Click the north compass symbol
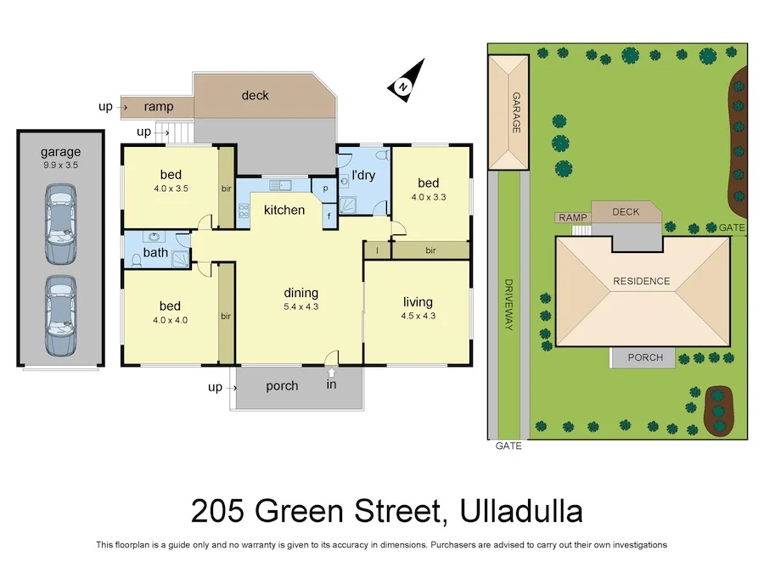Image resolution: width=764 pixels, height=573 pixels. point(405,81)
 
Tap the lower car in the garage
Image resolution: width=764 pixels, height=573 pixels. point(60,315)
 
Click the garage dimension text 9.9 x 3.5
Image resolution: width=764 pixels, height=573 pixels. point(59,166)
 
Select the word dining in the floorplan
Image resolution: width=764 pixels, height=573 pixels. point(301,293)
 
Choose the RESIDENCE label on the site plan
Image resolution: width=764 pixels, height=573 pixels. point(643,281)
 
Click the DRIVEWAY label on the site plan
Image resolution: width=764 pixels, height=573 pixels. point(509,305)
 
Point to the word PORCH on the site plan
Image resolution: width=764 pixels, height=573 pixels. point(645,357)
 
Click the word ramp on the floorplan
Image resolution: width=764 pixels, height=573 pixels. point(158,107)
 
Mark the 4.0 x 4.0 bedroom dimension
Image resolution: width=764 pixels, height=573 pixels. point(170,321)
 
